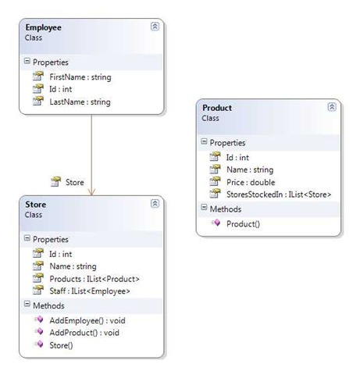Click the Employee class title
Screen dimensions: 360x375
pos(44,27)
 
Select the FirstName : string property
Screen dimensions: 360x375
pos(80,77)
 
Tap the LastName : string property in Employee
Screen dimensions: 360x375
pos(80,102)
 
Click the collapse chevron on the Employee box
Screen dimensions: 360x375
pos(155,27)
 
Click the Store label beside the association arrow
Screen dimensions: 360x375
pos(75,182)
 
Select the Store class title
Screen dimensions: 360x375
pos(36,205)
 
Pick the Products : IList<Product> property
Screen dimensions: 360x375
pos(94,279)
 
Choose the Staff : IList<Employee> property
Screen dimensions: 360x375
pos(90,291)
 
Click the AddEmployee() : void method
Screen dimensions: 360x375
pos(87,320)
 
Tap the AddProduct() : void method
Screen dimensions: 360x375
pos(84,333)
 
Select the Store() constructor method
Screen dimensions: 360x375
pos(61,345)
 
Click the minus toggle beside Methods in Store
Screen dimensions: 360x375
pos(27,304)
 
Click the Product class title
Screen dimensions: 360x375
pos(217,108)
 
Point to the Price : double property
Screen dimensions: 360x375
pos(251,182)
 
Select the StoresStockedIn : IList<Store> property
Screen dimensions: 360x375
pos(279,195)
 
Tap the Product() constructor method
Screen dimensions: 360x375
pos(243,224)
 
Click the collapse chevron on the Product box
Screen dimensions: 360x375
pos(332,107)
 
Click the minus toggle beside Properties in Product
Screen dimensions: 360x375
pos(204,141)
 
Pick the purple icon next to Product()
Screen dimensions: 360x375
pos(216,223)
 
